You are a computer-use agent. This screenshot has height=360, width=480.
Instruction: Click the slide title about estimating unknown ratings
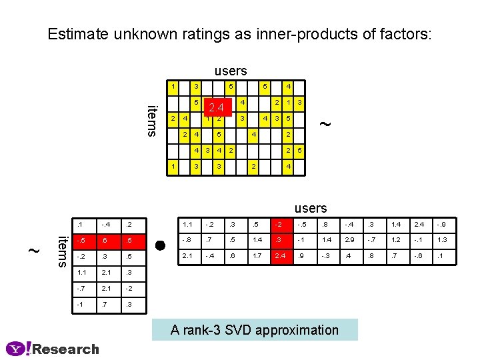coord(240,34)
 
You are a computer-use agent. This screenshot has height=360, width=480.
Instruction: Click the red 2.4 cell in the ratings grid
coord(219,108)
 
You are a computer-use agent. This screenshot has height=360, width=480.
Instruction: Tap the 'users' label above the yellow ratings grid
coord(231,71)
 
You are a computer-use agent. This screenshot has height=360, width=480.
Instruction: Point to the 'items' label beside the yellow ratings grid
coord(152,121)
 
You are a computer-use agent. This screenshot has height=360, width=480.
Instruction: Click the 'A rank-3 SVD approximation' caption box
coord(255,329)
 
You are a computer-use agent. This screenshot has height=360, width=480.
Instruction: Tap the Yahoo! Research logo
coord(53,349)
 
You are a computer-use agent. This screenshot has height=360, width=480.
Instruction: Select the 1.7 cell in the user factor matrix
coord(257,256)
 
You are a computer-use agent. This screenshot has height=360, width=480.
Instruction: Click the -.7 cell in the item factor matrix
coord(81,288)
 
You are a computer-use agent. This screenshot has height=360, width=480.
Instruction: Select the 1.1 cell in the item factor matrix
coord(81,272)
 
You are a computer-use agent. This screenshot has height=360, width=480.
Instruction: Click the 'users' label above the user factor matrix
coord(311,209)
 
